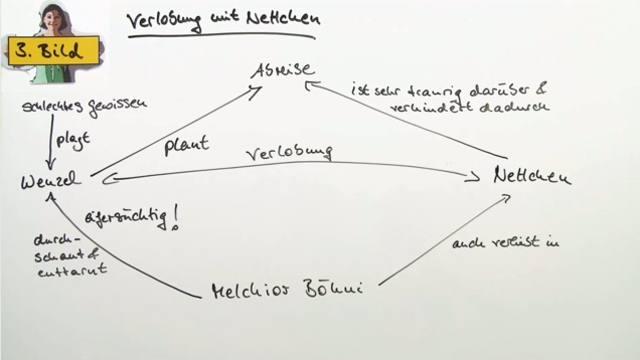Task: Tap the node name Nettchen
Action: (531, 177)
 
